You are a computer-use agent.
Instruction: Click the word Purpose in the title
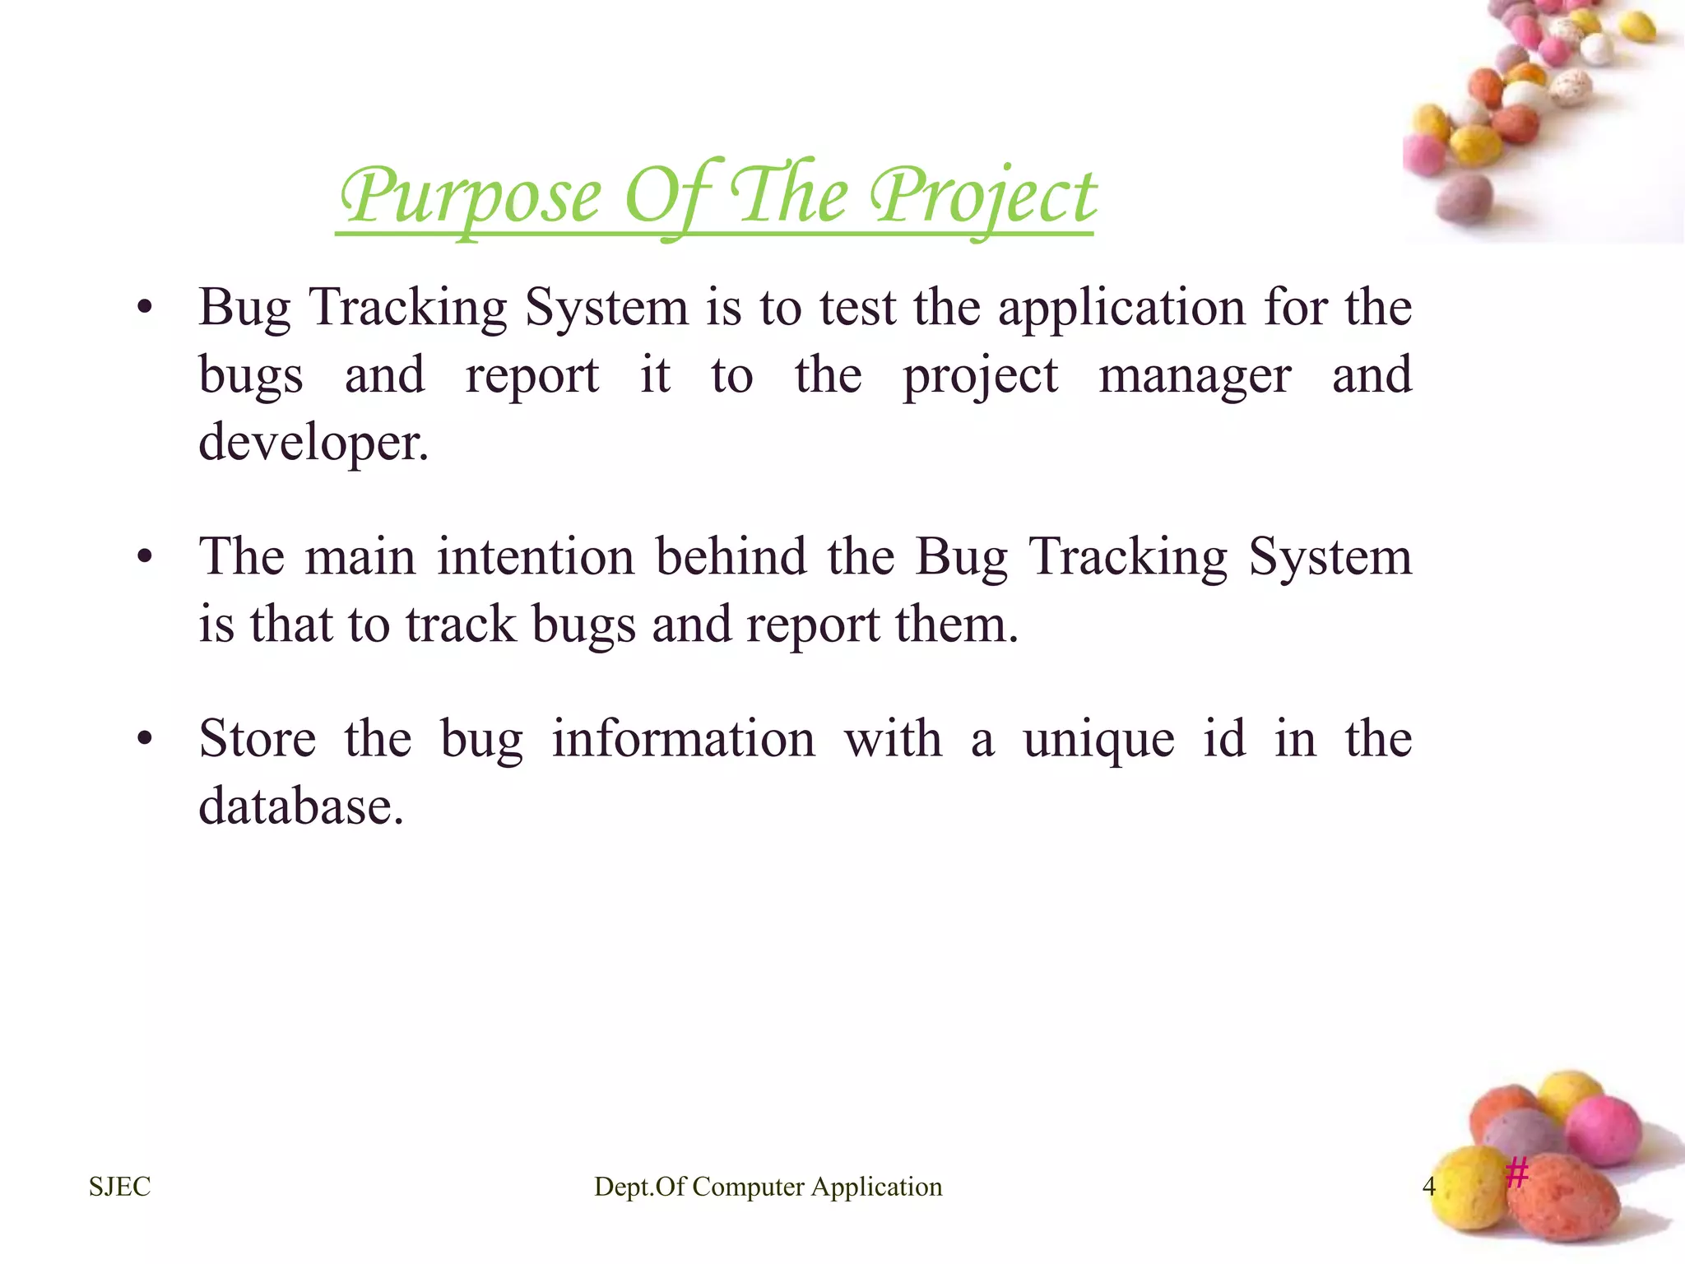471,197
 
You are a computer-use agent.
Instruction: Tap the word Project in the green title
983,197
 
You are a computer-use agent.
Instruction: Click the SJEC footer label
120,1187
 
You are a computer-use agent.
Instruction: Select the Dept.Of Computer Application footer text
768,1187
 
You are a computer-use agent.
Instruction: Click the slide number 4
1428,1187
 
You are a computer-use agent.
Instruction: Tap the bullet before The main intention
145,558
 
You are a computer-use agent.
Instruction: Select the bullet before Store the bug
145,739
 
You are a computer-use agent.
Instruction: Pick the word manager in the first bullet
1195,376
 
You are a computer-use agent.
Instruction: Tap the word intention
536,556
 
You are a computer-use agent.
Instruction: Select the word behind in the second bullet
731,556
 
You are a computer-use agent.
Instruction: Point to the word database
301,806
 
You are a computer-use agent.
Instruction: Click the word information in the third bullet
683,739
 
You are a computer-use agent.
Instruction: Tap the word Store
258,739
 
